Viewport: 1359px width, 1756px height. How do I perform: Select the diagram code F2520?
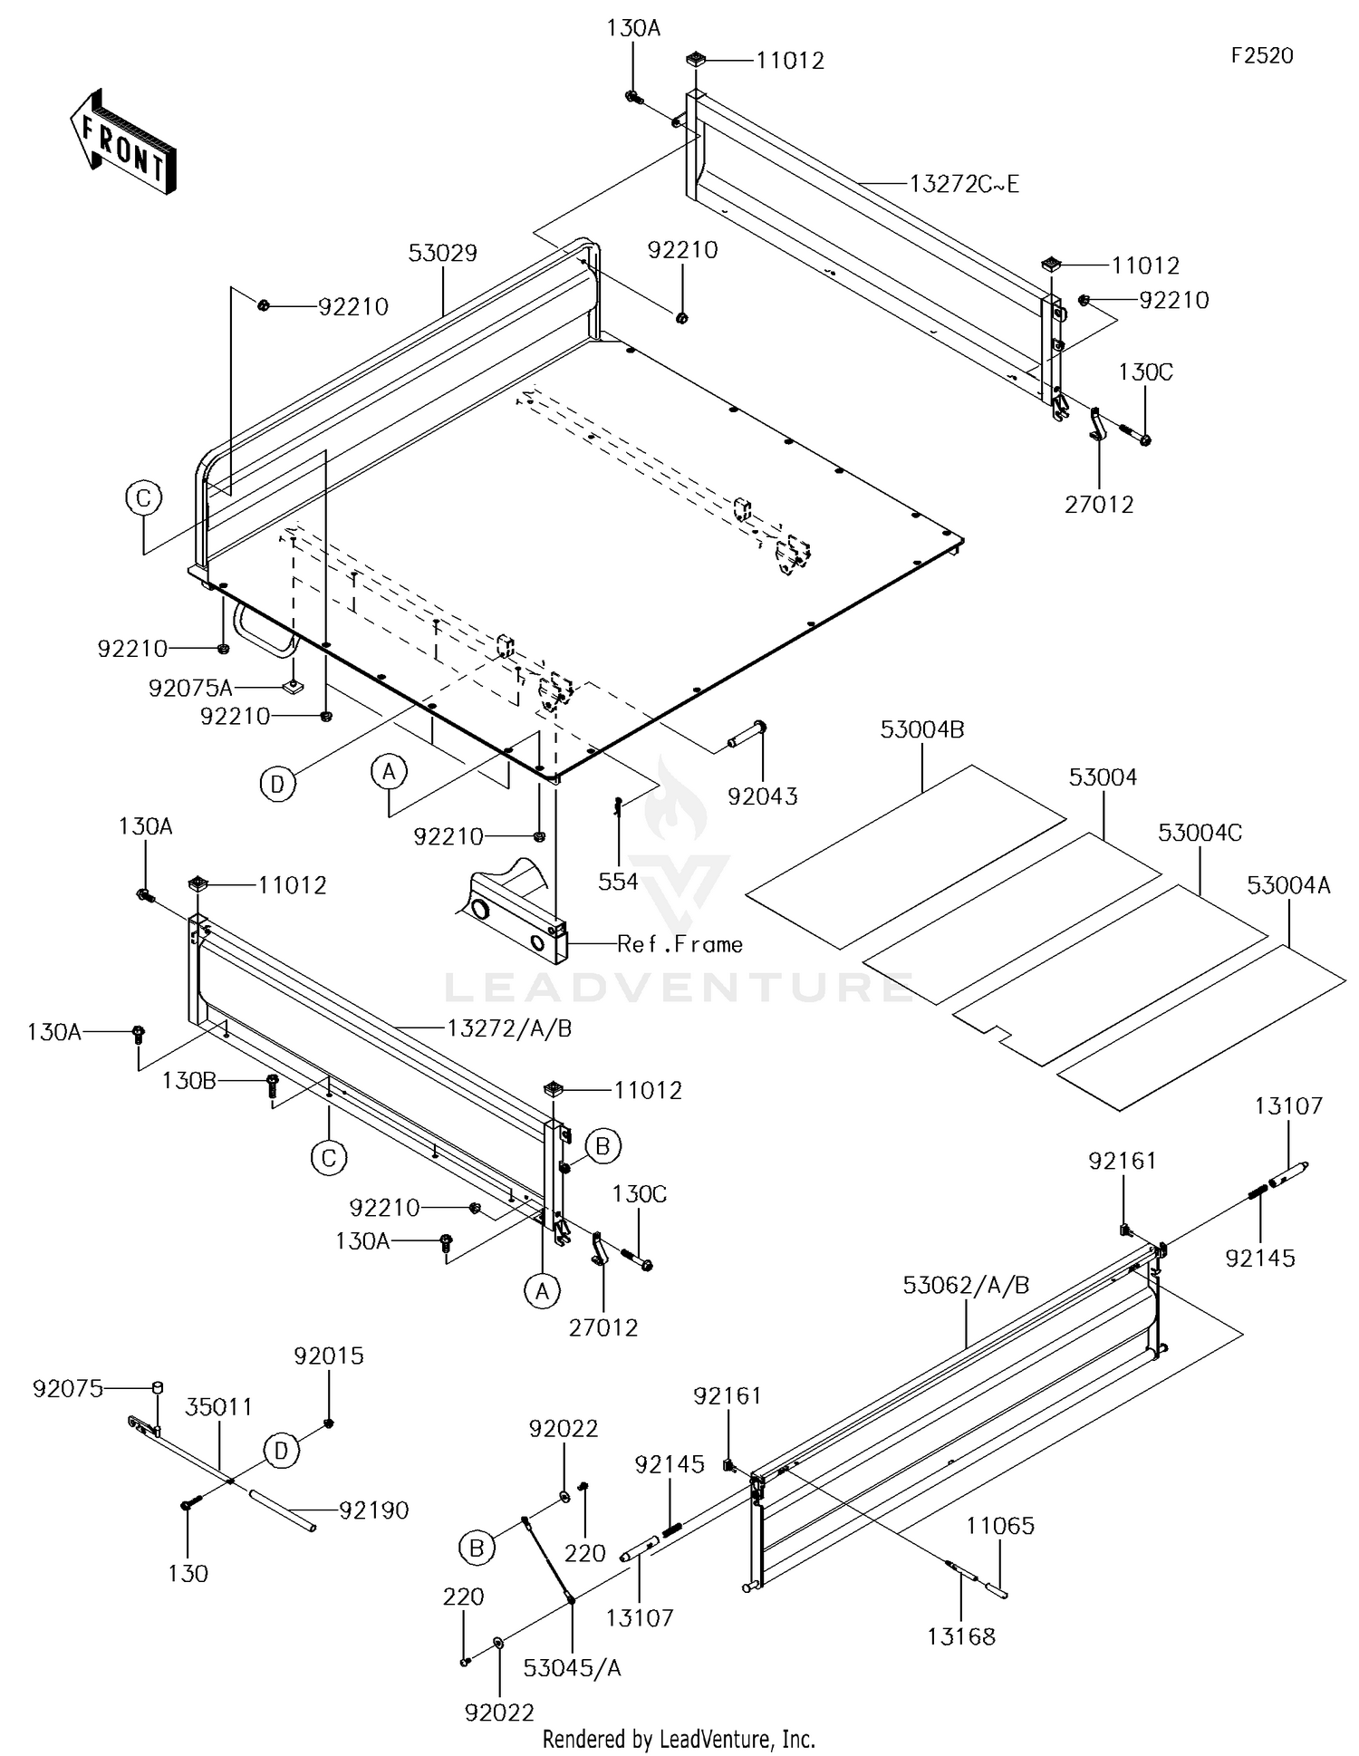1262,56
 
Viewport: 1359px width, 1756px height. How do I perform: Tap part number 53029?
442,253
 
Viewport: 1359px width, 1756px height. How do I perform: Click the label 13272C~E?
964,184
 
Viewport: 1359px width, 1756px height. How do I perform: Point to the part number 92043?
763,796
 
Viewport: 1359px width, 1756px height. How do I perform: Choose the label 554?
618,882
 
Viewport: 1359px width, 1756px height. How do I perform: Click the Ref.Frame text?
679,944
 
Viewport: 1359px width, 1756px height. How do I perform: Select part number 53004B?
922,729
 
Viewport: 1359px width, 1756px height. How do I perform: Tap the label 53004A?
1288,885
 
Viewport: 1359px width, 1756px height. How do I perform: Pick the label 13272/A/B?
509,1028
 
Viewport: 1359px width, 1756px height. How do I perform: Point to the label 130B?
189,1081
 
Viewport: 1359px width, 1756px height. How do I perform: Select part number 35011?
218,1407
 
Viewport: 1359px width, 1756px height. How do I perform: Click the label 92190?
374,1510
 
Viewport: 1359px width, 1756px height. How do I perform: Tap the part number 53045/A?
573,1668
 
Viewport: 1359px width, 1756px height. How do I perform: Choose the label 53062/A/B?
966,1286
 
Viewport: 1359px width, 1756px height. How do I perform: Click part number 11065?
999,1526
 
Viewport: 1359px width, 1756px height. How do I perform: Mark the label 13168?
961,1636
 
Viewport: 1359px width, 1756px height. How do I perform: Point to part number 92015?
329,1356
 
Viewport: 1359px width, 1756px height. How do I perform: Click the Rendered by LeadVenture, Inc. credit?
679,1739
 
